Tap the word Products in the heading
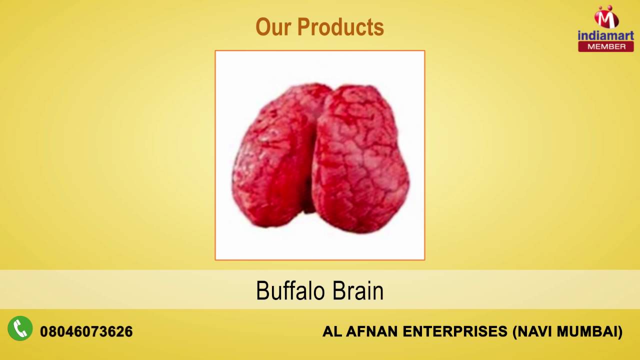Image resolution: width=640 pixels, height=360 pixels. pos(340,27)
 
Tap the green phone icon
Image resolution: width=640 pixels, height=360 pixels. pos(20,329)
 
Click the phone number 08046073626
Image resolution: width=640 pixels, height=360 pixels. pos(86,331)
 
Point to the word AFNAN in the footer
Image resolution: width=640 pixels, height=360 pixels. pos(365,331)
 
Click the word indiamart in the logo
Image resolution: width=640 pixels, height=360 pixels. pos(605,35)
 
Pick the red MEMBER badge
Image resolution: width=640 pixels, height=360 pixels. pos(606,46)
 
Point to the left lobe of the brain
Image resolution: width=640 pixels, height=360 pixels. pos(275,160)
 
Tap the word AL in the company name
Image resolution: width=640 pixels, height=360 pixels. pos(330,331)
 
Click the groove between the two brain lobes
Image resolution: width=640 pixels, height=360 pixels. pos(316,165)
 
